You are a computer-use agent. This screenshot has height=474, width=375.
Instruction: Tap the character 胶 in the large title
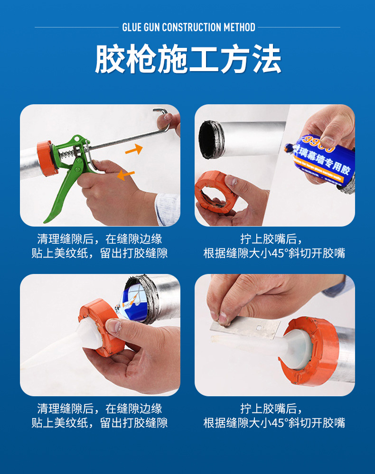[x=110, y=59]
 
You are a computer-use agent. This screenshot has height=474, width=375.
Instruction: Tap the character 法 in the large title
[x=267, y=59]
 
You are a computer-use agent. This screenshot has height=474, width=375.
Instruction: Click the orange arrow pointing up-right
[x=134, y=150]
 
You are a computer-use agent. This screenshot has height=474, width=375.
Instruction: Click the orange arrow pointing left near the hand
[x=126, y=175]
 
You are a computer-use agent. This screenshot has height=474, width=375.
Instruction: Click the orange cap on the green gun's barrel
[x=47, y=158]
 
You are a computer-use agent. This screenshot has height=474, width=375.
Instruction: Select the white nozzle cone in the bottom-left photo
[x=88, y=335]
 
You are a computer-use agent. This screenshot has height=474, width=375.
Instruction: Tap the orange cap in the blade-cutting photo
[x=312, y=351]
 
